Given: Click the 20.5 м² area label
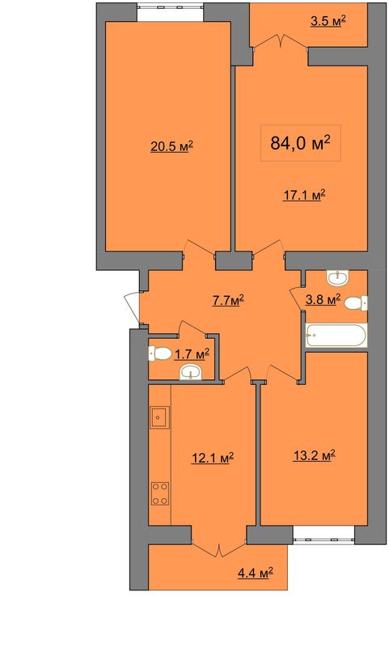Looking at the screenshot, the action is [x=172, y=147].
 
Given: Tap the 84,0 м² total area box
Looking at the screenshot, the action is [x=300, y=143].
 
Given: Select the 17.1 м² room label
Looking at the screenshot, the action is [x=304, y=195].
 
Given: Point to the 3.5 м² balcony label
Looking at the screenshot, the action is [x=328, y=21].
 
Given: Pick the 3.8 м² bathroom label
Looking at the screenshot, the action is [x=323, y=299].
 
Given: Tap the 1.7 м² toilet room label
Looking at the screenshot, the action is [x=192, y=354].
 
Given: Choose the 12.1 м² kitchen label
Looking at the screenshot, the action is [x=213, y=458].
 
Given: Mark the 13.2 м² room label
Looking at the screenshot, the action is [x=314, y=455].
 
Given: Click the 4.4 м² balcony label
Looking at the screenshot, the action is [x=256, y=573].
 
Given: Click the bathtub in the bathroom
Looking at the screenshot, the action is [x=336, y=336].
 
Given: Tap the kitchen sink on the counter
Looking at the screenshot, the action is [x=159, y=417].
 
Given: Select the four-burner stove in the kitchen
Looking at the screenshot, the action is [x=160, y=493].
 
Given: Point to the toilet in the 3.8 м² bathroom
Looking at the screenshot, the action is [x=356, y=303].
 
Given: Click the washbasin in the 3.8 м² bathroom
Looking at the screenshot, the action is [x=338, y=277].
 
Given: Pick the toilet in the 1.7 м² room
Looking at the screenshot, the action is [x=160, y=353].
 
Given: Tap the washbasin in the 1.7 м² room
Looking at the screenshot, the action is [x=192, y=372].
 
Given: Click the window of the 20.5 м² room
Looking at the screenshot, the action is [x=171, y=12].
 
